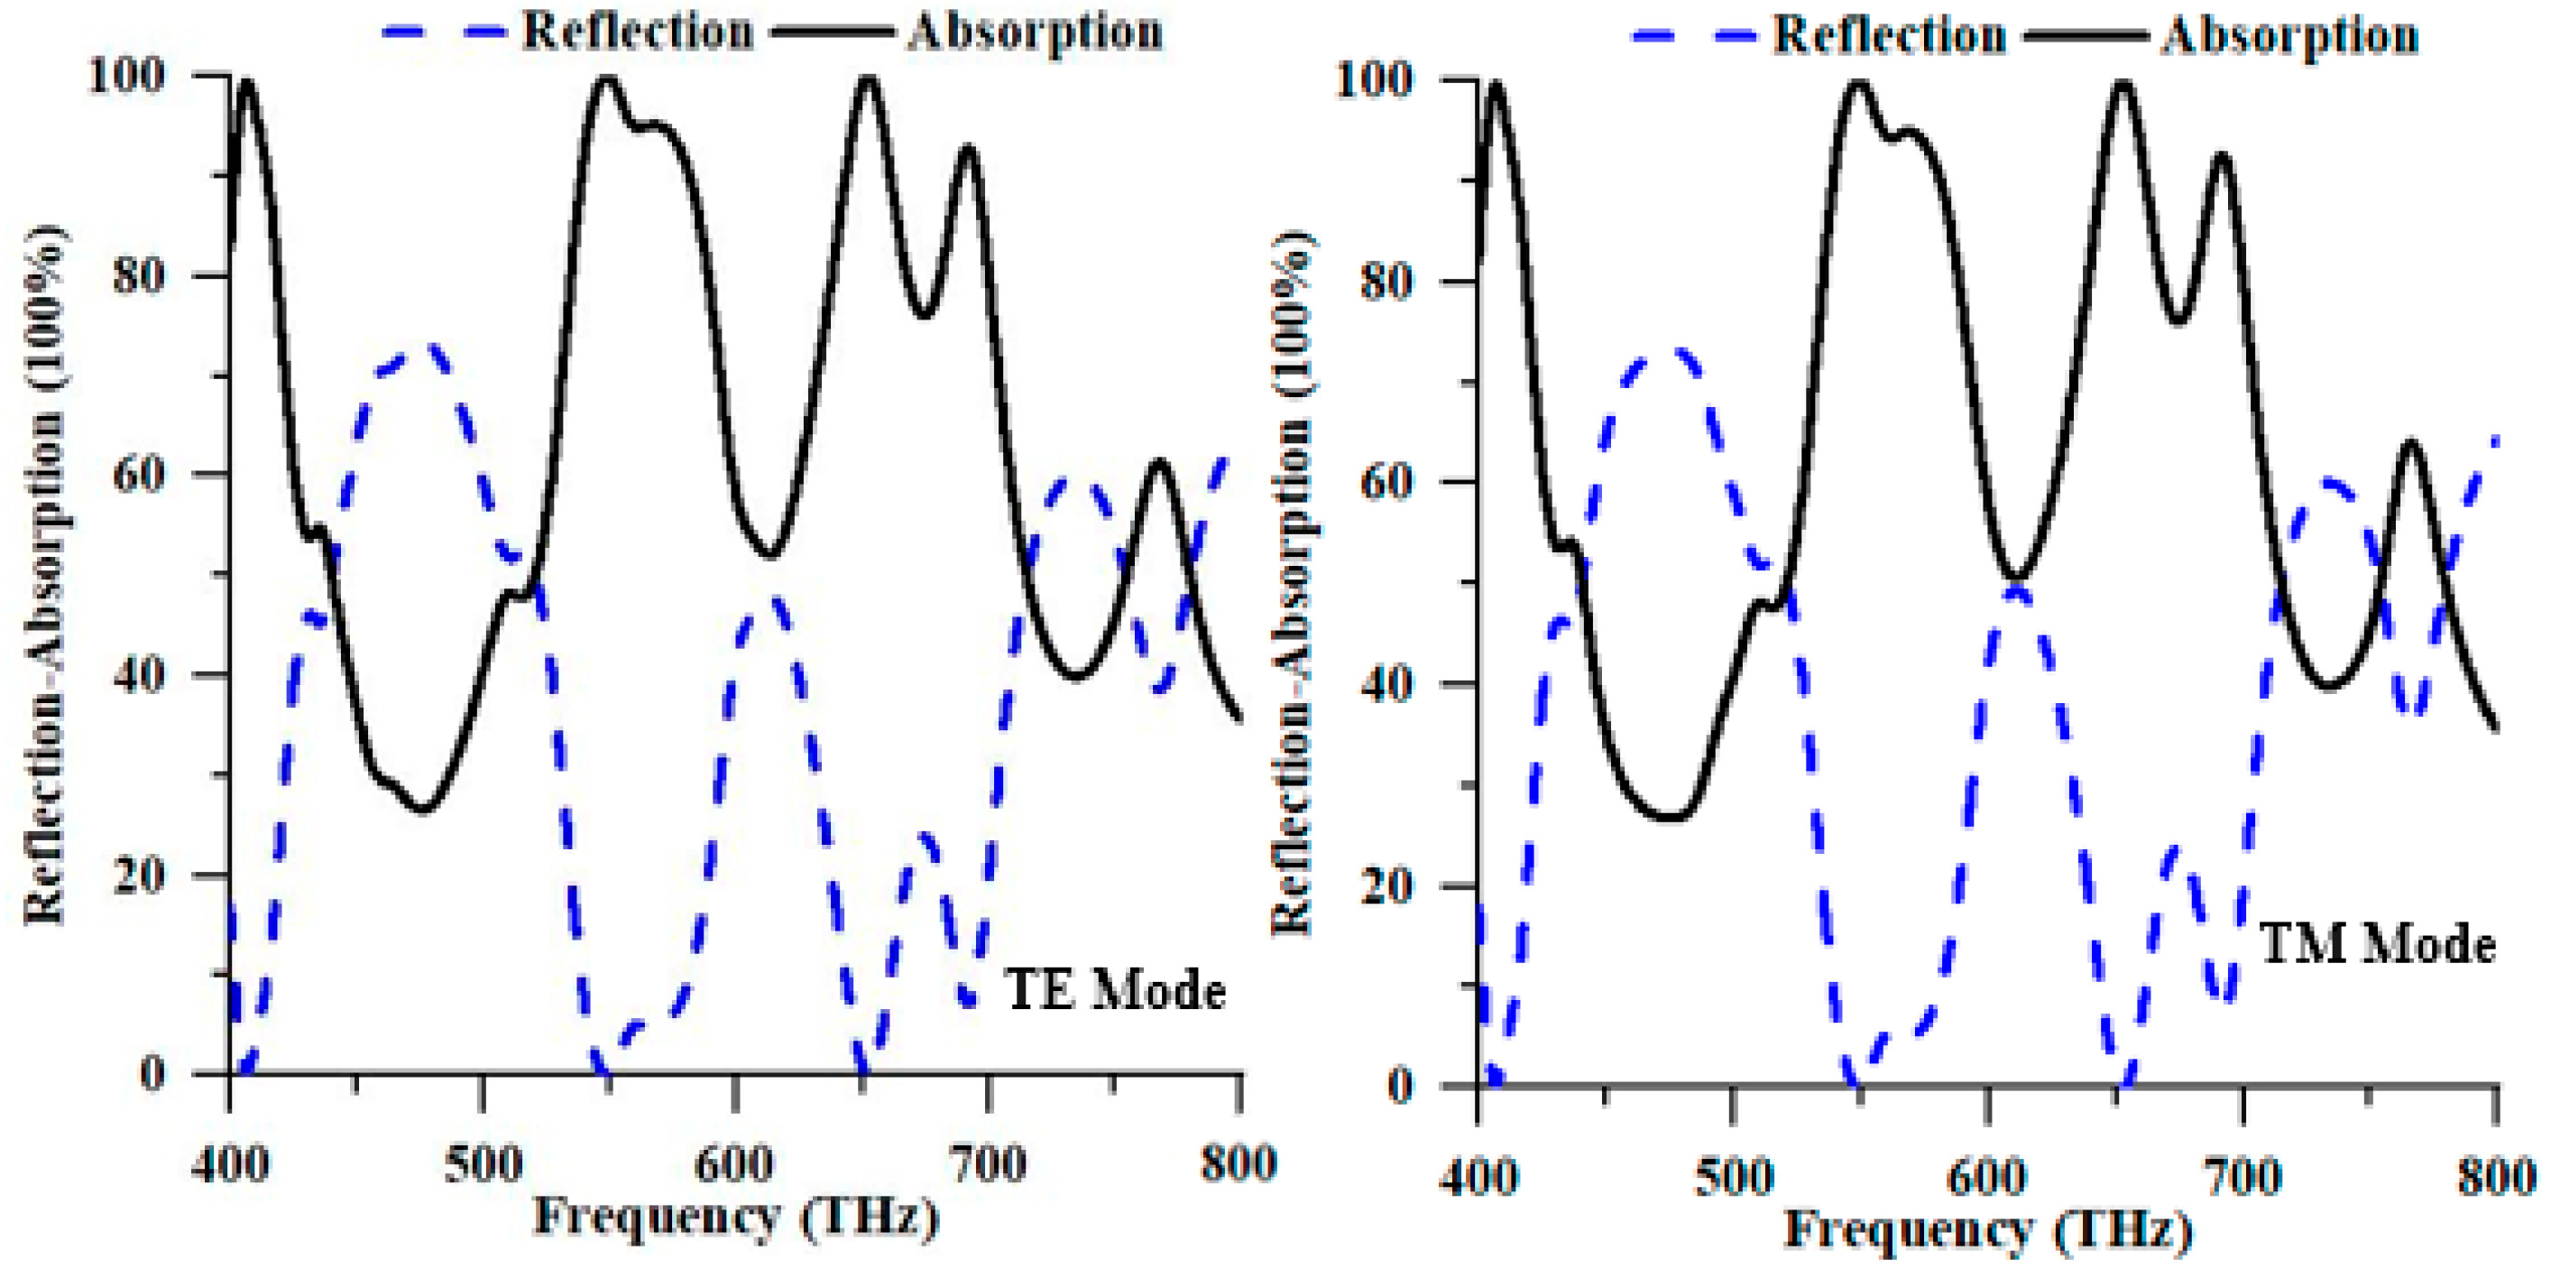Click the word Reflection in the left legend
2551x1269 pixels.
click(x=638, y=32)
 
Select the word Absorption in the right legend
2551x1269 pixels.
click(x=2289, y=37)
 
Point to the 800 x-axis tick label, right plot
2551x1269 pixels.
click(x=2496, y=1177)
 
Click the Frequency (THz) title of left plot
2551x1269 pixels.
click(x=735, y=1217)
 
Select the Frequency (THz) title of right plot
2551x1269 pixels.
click(x=1987, y=1229)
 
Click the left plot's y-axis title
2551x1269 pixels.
click(x=43, y=575)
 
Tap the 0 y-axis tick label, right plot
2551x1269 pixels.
click(x=1400, y=1086)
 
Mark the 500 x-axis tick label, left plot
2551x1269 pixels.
click(x=483, y=1163)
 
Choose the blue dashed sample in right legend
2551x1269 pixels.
click(x=1691, y=37)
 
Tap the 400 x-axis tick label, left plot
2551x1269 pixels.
click(x=230, y=1163)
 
